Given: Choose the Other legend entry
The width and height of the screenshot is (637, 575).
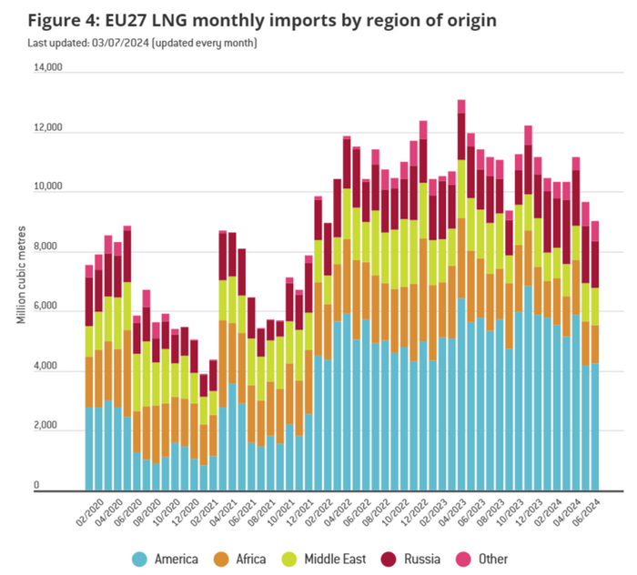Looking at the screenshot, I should coord(518,559).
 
